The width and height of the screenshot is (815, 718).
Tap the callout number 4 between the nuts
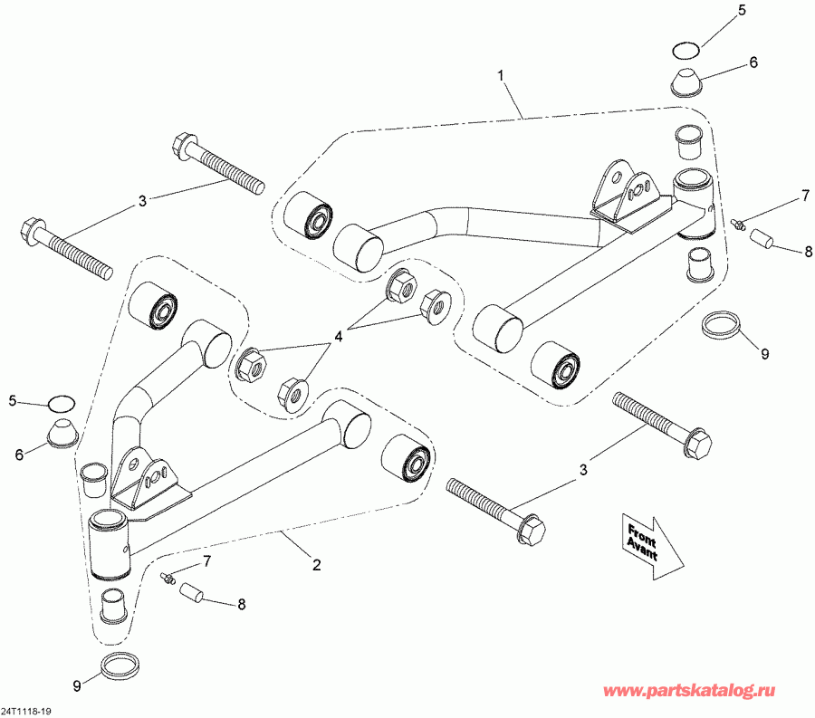pyautogui.click(x=339, y=336)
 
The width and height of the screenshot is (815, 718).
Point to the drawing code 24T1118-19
pyautogui.click(x=27, y=709)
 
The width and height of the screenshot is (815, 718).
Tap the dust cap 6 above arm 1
pyautogui.click(x=690, y=80)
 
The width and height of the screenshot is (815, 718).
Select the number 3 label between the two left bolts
pyautogui.click(x=141, y=202)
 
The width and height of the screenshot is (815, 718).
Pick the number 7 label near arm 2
pyautogui.click(x=206, y=561)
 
